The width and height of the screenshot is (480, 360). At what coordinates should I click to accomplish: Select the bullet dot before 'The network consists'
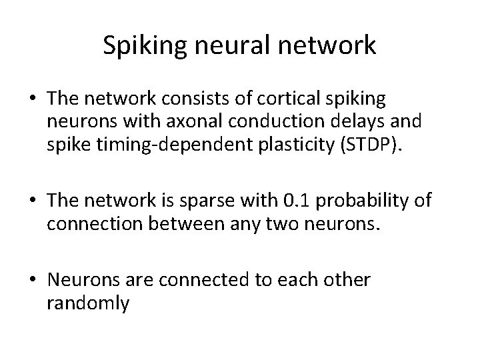pos(31,99)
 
